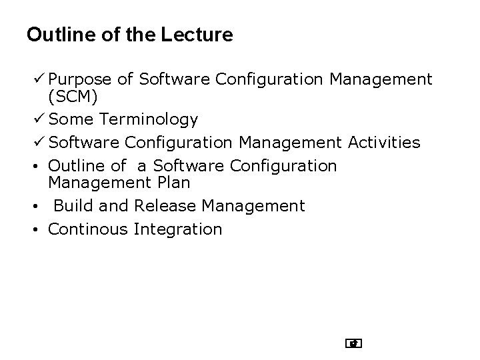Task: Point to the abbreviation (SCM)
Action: [x=73, y=97]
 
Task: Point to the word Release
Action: [x=165, y=206]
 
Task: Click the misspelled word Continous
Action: [x=87, y=229]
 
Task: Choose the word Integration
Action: [x=178, y=229]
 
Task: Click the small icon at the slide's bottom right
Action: [x=353, y=344]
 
